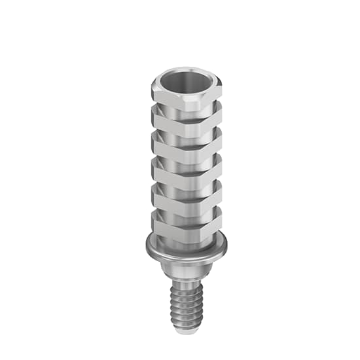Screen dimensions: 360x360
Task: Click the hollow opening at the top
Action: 180,82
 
